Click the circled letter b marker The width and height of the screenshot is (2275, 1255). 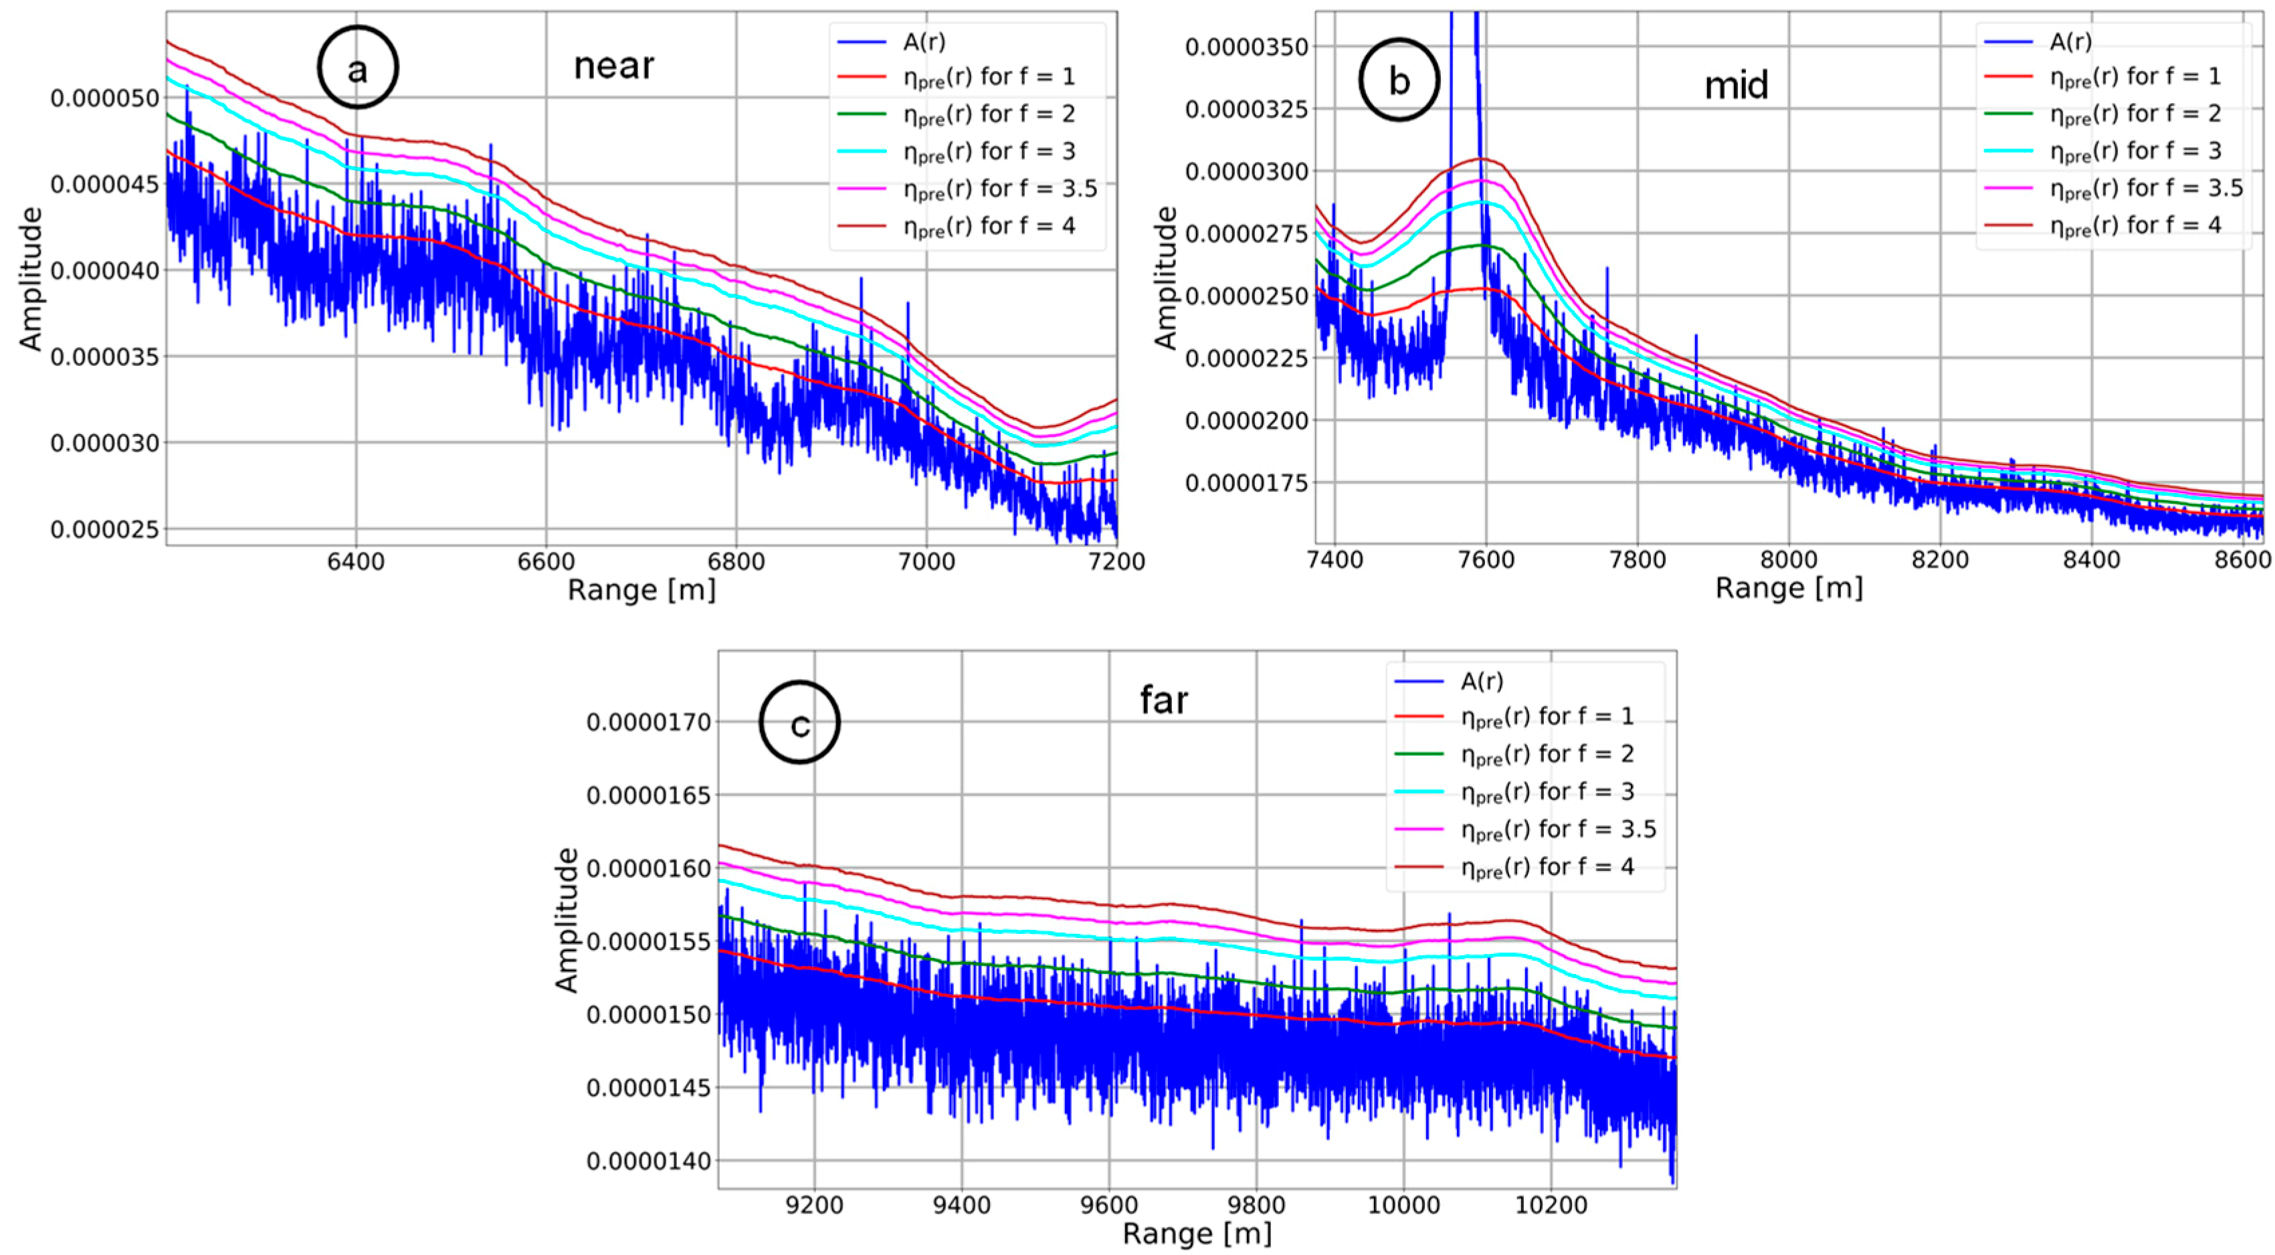click(1399, 80)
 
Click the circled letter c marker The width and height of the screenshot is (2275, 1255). click(799, 722)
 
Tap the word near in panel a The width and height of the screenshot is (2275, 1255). click(614, 66)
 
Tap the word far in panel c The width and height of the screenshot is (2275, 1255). click(1163, 700)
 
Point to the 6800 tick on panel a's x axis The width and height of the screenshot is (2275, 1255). click(736, 562)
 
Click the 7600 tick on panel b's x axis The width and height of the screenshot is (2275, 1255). click(1486, 560)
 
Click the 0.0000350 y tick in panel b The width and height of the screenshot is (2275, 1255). click(1246, 46)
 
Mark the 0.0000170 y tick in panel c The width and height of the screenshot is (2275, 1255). click(648, 722)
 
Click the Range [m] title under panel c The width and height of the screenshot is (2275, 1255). click(1197, 1234)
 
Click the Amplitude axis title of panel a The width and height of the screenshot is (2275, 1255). click(30, 278)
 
